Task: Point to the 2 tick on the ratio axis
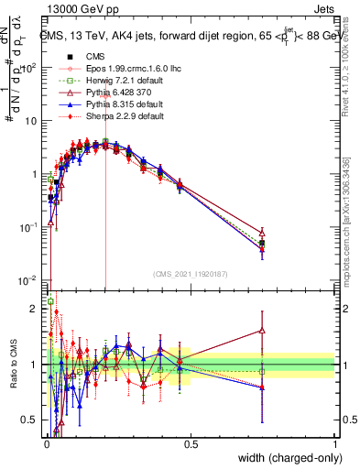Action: point(34,309)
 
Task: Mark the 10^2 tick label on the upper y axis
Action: point(28,67)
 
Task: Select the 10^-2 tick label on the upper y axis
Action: point(28,281)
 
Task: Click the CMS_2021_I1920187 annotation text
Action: point(190,274)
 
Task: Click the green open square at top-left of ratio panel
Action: point(50,300)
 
